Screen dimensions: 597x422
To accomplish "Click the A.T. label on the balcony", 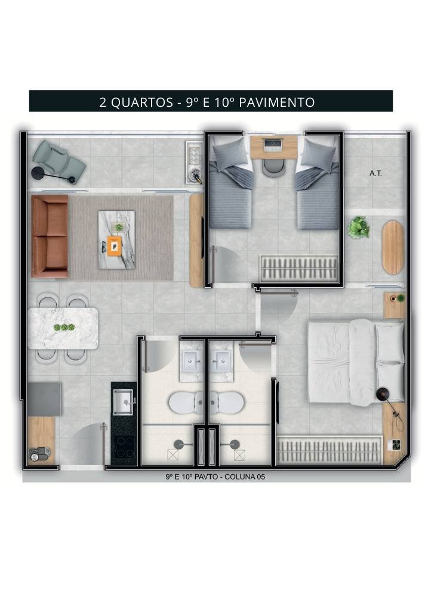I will pos(375,173).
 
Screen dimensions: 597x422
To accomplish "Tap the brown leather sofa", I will pos(49,236).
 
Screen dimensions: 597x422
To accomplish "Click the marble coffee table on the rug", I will pos(116,239).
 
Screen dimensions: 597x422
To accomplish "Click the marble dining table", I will pos(63,328).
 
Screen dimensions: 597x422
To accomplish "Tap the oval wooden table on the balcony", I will pos(392,247).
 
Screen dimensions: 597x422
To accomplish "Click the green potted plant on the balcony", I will pos(359,227).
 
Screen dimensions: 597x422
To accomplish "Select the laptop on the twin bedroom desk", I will pos(274,144).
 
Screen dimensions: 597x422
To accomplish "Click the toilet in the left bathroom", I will pos(186,403).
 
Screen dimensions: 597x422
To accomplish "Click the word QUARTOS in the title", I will pos(142,102).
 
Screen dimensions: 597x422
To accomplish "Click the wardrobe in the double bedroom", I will pos(328,451).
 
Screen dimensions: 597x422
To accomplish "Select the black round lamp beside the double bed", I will pos(382,393).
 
